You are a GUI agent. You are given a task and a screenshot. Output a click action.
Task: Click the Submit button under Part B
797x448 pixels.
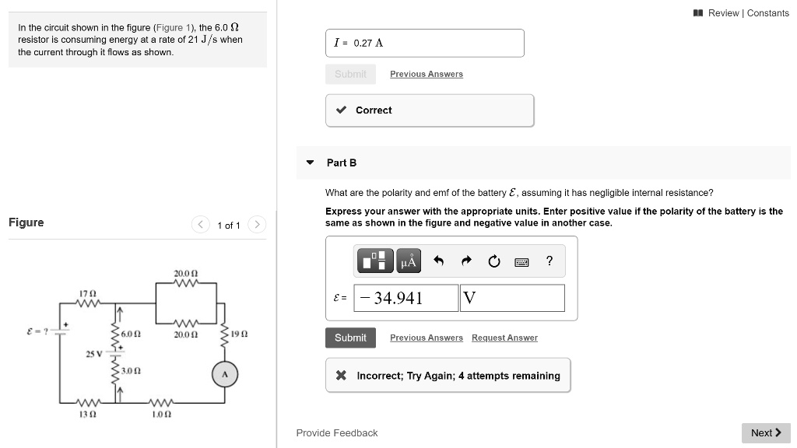click(350, 338)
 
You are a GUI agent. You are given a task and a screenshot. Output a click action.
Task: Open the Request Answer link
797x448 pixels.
click(504, 338)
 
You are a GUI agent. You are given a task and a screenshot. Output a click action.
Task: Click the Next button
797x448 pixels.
click(766, 432)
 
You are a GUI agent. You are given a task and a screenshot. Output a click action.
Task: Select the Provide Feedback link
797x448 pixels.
click(336, 432)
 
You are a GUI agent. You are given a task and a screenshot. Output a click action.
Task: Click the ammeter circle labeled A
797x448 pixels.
click(225, 375)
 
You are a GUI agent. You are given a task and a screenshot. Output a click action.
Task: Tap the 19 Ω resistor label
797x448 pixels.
click(239, 334)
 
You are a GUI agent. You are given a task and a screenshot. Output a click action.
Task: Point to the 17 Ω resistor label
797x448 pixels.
click(87, 293)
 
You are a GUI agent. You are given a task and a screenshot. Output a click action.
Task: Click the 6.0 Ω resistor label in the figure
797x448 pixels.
click(131, 334)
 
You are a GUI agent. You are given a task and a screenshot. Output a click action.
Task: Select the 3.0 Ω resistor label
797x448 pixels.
click(131, 370)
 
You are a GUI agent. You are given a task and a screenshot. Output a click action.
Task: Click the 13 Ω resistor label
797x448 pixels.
click(87, 415)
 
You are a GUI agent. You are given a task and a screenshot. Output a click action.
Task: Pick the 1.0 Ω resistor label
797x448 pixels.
click(162, 415)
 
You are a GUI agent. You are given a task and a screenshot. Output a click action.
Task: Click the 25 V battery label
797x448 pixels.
click(93, 354)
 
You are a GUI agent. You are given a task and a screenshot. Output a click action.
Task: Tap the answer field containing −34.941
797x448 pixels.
click(406, 298)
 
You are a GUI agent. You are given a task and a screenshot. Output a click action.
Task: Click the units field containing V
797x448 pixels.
click(512, 298)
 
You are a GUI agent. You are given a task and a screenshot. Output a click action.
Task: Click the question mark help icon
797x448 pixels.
click(549, 261)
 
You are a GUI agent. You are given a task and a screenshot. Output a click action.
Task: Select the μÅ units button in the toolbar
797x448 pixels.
click(409, 261)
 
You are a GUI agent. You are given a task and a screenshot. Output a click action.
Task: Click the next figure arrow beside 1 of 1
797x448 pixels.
click(257, 225)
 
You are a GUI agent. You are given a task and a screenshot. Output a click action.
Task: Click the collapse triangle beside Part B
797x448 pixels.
click(310, 163)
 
